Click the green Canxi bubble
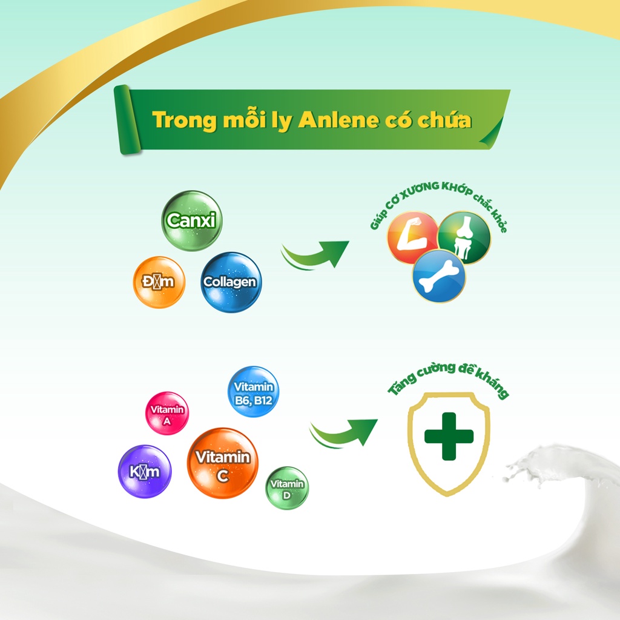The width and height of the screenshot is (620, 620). (191, 220)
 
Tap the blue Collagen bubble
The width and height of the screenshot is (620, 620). (231, 282)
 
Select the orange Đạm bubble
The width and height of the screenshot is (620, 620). (159, 282)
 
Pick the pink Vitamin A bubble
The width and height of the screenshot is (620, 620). (167, 414)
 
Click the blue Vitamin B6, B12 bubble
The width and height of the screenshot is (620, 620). (253, 392)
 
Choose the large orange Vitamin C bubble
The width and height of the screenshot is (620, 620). (222, 463)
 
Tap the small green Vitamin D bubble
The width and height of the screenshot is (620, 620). (287, 487)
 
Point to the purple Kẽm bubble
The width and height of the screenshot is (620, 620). (145, 471)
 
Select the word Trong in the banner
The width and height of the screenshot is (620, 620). (185, 120)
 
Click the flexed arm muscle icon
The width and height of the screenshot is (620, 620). (412, 237)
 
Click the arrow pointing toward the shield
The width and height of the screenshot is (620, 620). (343, 432)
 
